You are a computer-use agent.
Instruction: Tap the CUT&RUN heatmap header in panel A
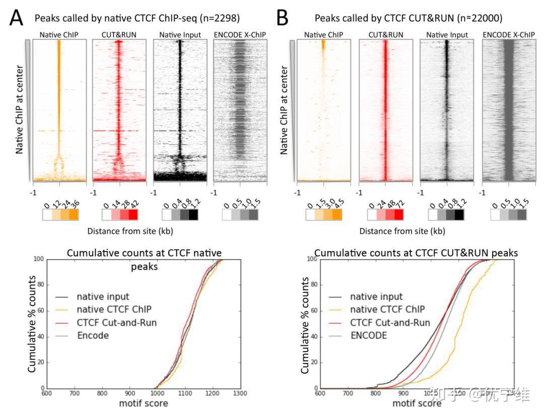click(119, 35)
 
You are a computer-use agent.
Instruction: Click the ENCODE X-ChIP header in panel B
click(508, 35)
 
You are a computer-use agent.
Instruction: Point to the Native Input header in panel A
click(179, 35)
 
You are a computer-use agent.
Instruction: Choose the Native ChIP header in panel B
click(323, 35)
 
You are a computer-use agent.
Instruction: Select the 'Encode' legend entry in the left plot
click(93, 335)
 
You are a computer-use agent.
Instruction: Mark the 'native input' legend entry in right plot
click(376, 297)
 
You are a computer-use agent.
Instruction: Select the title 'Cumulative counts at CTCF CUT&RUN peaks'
click(416, 253)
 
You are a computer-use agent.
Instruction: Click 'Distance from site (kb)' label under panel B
click(402, 231)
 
